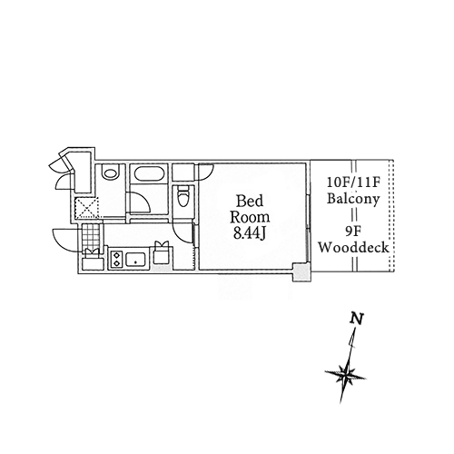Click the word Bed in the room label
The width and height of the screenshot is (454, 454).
(250, 201)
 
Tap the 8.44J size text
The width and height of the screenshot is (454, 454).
(250, 233)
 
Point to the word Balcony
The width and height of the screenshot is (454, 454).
(353, 199)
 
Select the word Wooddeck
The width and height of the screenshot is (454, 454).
(353, 247)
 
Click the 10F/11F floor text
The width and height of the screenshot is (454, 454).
(353, 183)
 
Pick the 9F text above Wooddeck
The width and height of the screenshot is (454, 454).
(353, 232)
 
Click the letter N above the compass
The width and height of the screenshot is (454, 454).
(357, 319)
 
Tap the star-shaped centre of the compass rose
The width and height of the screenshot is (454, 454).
(345, 376)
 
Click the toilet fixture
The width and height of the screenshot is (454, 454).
(183, 196)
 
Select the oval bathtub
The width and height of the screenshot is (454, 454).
(149, 174)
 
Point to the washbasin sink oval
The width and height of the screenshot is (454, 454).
(110, 172)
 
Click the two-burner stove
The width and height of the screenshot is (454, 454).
(116, 260)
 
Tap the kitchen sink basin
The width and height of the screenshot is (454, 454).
(135, 260)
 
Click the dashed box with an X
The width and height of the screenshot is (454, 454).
(87, 208)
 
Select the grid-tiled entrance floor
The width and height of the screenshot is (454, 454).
(91, 236)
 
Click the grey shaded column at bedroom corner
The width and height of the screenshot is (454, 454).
(301, 272)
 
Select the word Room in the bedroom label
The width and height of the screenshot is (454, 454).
(250, 217)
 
